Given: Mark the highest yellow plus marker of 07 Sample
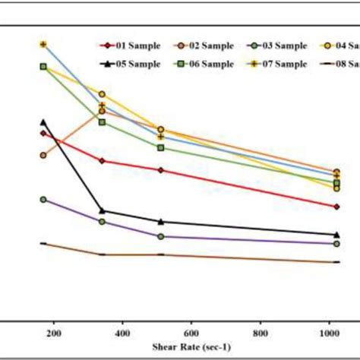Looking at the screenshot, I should [x=43, y=44].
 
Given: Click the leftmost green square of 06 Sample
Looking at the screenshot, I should [x=43, y=67].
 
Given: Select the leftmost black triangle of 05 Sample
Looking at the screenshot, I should [x=43, y=122].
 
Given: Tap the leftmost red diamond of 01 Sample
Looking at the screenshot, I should [x=43, y=133].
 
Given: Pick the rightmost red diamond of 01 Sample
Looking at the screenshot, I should [x=336, y=206].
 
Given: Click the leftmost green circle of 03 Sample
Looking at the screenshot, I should [x=43, y=199].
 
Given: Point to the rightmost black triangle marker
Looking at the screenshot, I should [x=336, y=235].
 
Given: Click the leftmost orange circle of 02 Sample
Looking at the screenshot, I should [x=43, y=155].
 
